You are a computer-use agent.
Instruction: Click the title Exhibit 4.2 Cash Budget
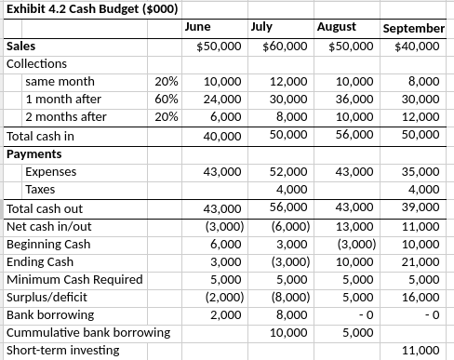[80, 10]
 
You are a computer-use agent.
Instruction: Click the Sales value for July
[286, 46]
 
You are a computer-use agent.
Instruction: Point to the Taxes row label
[41, 189]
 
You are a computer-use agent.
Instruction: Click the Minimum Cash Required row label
[74, 278]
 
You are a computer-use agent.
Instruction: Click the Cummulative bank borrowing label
[88, 332]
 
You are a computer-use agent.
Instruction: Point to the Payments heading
[34, 153]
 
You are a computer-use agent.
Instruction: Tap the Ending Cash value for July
[289, 260]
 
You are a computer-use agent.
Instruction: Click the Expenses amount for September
[422, 171]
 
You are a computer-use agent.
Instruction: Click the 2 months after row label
[65, 117]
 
